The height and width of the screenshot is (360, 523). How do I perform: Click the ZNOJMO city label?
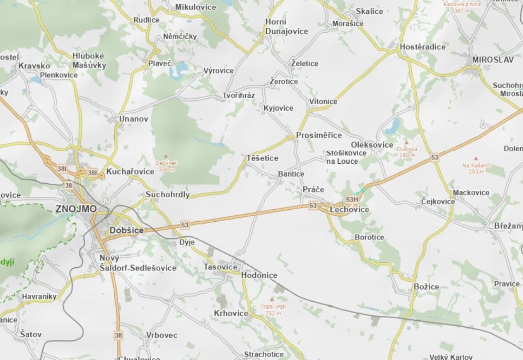(76, 209)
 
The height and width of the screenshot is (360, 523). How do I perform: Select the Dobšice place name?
(126, 230)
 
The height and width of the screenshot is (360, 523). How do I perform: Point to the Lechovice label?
(349, 210)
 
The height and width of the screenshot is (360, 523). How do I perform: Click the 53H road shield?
(352, 199)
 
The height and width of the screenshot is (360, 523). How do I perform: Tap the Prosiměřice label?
(319, 135)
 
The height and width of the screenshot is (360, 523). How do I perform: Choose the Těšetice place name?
(262, 158)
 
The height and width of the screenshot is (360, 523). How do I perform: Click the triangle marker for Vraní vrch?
(271, 299)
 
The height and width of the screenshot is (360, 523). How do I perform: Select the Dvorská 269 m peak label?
(407, 152)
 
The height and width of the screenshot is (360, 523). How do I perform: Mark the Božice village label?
(426, 287)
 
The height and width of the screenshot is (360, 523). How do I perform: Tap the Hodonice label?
(259, 275)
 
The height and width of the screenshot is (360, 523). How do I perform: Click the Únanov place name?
(133, 119)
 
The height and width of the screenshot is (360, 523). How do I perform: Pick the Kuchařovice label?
(130, 171)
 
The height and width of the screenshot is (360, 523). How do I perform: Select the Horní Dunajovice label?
(287, 27)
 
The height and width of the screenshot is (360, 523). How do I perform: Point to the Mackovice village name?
(471, 193)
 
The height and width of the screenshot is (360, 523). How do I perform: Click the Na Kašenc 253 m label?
(476, 168)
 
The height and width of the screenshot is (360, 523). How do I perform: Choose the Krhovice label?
(231, 313)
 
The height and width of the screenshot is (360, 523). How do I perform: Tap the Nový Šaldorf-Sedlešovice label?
(138, 263)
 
